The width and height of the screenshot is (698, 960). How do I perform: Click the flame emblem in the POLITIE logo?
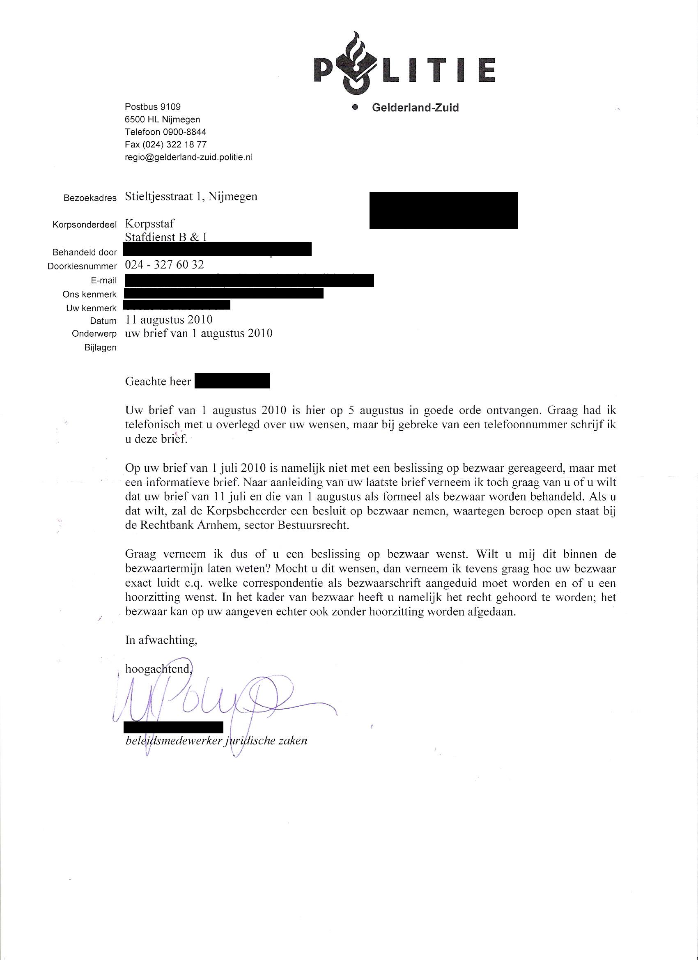coord(355,64)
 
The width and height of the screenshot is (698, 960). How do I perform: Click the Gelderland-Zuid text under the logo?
coord(415,108)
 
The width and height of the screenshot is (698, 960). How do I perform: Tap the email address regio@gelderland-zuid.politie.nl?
coord(188,157)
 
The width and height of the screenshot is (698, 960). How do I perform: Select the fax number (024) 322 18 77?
coord(165,145)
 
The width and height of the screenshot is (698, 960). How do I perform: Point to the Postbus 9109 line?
coord(152,107)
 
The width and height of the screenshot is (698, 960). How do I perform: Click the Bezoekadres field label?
coord(90,198)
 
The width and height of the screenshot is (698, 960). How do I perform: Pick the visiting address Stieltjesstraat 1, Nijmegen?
coord(191,196)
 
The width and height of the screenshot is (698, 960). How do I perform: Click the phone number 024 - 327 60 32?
coord(164,265)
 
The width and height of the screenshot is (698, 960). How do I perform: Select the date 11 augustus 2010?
coord(169,319)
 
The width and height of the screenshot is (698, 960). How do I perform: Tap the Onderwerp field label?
coord(94,334)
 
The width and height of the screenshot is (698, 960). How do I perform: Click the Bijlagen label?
coord(100,348)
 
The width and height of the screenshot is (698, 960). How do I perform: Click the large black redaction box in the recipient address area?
coord(443,210)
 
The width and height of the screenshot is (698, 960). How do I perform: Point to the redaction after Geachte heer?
coord(232,381)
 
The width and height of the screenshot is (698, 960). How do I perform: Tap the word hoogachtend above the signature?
coord(159,669)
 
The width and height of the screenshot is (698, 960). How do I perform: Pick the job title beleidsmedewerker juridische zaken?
coord(216,741)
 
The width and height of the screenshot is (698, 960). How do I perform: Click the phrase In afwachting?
coord(161,640)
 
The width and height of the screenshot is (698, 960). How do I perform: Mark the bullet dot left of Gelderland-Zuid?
coord(356,107)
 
